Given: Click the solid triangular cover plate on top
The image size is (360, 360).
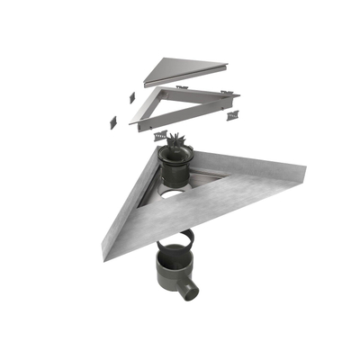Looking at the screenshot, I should (184, 69).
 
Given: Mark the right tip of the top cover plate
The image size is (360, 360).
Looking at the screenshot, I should (227, 66).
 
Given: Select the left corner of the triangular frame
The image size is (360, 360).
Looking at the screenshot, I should (134, 121).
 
